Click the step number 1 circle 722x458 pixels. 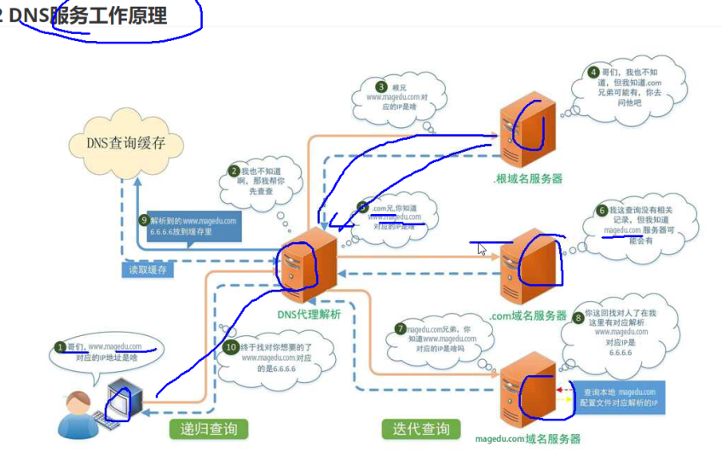click(x=60, y=347)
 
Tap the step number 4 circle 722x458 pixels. click(x=593, y=72)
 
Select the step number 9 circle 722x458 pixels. click(x=144, y=219)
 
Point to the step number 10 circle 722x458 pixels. click(x=230, y=347)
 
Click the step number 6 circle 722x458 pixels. click(x=601, y=210)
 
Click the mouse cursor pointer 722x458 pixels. click(x=482, y=250)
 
